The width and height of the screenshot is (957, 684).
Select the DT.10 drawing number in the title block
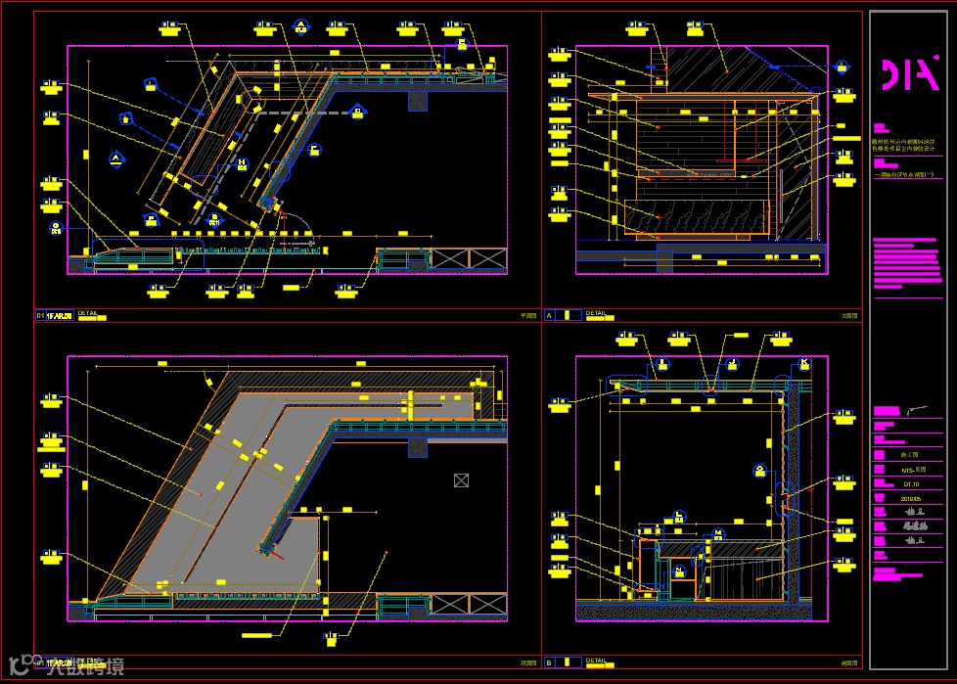pos(911,483)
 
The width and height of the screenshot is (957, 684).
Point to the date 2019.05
pos(911,498)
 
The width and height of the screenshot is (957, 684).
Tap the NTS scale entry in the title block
pos(911,470)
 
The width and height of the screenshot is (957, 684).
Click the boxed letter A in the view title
pos(549,315)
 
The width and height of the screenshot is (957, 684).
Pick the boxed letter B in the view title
pos(549,661)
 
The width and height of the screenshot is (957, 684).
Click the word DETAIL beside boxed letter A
pos(596,313)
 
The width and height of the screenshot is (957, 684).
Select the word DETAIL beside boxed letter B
pos(596,661)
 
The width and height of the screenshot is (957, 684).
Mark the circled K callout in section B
pos(804,363)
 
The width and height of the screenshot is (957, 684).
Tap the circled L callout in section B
pos(678,516)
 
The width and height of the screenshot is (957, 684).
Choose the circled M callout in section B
pos(718,533)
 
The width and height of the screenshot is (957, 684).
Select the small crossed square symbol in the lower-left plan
pos(462,479)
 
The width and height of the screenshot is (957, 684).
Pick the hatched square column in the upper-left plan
pos(418,100)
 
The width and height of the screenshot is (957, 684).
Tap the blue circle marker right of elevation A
pos(842,67)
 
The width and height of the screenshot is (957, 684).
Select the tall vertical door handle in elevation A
pos(733,132)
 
